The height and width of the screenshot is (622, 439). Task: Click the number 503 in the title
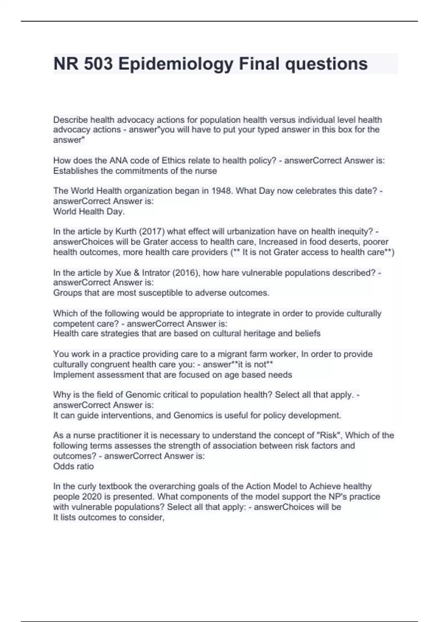(98, 64)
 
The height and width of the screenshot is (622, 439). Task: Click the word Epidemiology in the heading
(176, 64)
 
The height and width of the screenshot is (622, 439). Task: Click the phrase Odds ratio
(74, 466)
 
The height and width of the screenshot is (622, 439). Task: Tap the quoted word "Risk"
(329, 435)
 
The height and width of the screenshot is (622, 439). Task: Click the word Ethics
(174, 161)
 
